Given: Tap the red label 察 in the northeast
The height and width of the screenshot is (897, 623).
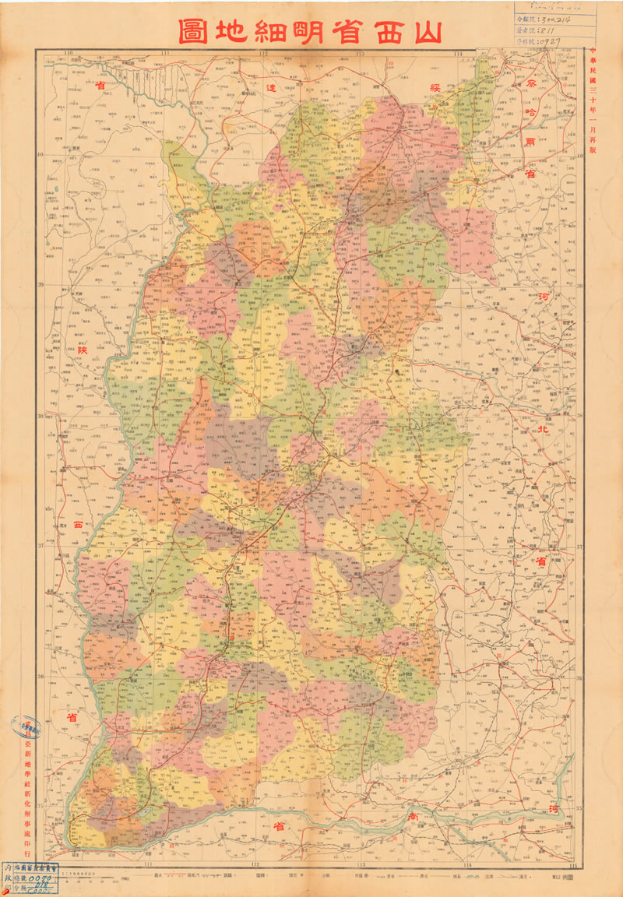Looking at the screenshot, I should click(x=531, y=82).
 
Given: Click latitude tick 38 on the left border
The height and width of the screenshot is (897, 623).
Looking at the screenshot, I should click(x=40, y=416).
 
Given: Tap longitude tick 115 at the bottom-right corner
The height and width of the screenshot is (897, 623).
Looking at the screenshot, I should click(x=574, y=864).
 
